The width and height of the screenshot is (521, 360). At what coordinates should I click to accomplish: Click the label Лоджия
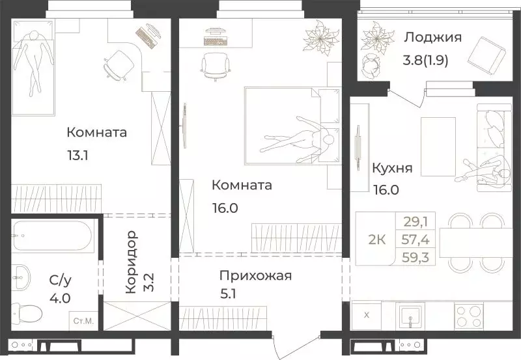[432, 37]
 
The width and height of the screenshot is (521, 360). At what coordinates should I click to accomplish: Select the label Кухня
[391, 168]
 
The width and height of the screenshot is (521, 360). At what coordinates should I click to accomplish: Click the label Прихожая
[255, 275]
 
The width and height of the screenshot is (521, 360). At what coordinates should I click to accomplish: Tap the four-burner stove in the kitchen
[468, 316]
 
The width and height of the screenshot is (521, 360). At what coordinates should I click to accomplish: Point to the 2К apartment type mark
[377, 239]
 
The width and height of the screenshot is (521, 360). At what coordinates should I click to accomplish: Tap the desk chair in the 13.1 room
[117, 62]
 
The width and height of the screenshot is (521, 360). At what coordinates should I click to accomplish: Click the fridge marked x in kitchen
[366, 316]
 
